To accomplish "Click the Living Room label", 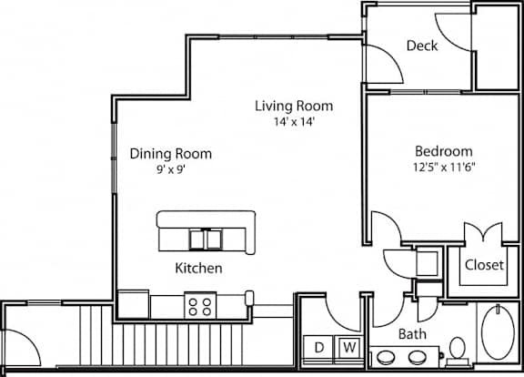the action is click(x=294, y=106).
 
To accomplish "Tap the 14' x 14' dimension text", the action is click(x=294, y=121).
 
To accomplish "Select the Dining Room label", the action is click(x=171, y=154).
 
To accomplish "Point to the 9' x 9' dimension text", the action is click(x=171, y=169).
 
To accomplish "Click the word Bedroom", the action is click(x=444, y=151).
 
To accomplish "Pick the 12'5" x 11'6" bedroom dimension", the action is click(x=444, y=167).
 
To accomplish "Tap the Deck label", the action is click(x=422, y=46).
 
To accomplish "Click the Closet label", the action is click(x=484, y=265).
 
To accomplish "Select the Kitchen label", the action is click(x=199, y=269).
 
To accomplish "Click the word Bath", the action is click(x=412, y=334).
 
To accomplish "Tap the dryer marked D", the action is click(x=319, y=348).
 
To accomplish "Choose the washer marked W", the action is click(x=349, y=348).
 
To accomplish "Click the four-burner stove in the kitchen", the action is click(x=200, y=306).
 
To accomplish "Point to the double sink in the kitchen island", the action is click(x=206, y=239).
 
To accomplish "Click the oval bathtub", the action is click(x=498, y=331).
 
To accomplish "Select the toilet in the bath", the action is click(x=458, y=352).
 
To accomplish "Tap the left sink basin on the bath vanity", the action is click(x=387, y=358).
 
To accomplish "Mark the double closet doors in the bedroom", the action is click(x=483, y=231).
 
